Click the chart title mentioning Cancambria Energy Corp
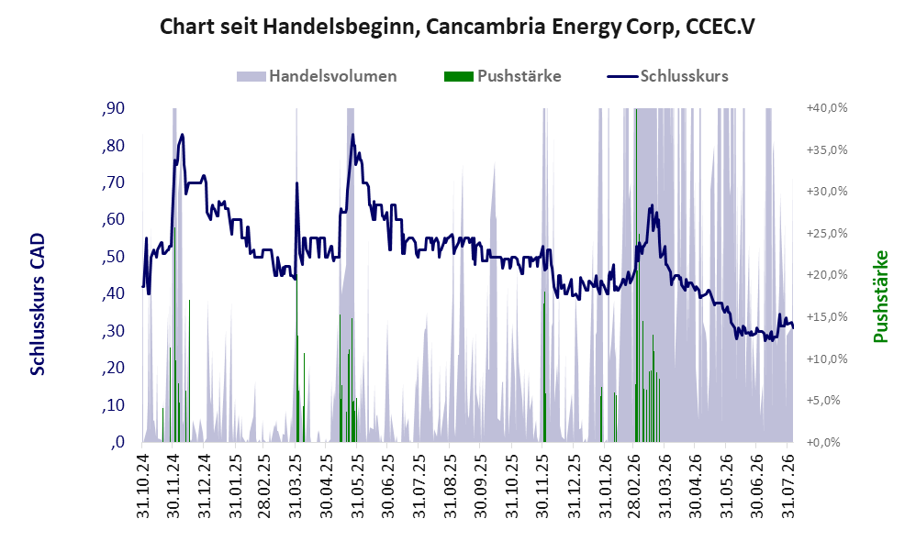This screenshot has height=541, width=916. click(457, 27)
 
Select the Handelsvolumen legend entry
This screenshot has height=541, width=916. click(317, 76)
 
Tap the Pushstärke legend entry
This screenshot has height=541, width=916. click(502, 76)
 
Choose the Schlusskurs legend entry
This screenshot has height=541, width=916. click(667, 76)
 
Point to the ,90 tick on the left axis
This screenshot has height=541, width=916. click(113, 108)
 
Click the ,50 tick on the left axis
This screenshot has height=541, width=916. click(113, 257)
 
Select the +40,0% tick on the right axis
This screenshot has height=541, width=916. click(827, 108)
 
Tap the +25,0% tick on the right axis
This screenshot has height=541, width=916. click(827, 234)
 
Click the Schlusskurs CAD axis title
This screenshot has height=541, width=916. click(38, 304)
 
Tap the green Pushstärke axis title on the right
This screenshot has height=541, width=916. click(880, 296)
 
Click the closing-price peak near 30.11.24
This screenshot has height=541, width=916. click(183, 135)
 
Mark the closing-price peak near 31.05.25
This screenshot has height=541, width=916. click(352, 135)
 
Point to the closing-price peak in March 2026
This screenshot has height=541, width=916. click(652, 205)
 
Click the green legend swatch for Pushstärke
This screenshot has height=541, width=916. click(459, 76)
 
